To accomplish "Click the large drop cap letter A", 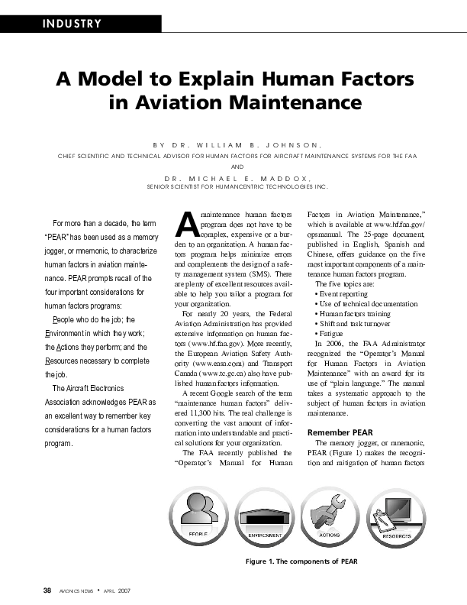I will click(185, 224).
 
